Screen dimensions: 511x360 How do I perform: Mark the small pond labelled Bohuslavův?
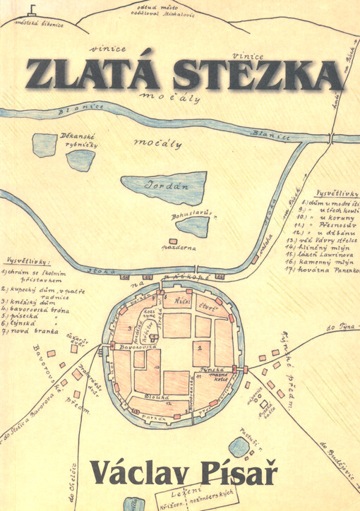pyautogui.click(x=192, y=227)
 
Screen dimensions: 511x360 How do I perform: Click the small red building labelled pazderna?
pyautogui.click(x=174, y=248)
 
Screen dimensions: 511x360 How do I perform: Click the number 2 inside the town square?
pyautogui.click(x=201, y=348)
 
